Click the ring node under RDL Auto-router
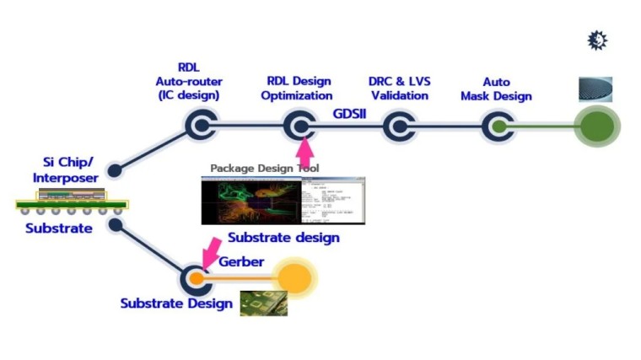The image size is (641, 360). (202, 127)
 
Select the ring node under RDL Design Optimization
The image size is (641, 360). (299, 127)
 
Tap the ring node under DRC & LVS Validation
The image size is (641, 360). (397, 127)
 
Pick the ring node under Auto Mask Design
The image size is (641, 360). (498, 127)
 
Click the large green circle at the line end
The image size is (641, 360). (597, 127)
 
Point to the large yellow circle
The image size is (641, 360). (294, 277)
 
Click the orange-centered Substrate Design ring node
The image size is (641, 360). (197, 277)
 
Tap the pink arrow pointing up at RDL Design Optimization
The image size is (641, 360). (304, 153)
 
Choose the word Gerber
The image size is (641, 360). (243, 261)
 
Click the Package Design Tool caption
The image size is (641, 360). (264, 169)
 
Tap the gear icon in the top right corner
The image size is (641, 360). (597, 40)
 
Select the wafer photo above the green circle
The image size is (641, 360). (595, 89)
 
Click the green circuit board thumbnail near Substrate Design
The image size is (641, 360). (263, 304)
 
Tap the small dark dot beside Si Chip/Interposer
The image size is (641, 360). (115, 170)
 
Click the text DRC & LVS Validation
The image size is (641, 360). (399, 89)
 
